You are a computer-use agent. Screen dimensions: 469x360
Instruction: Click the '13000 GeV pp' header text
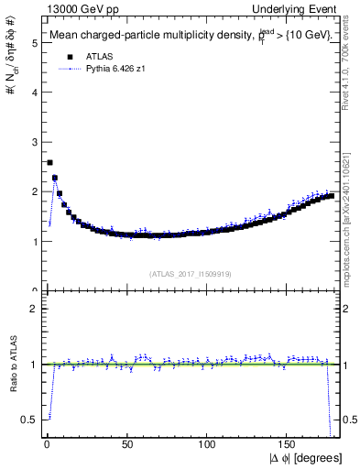[74, 9]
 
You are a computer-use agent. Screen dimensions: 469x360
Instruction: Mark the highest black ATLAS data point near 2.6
[49, 162]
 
